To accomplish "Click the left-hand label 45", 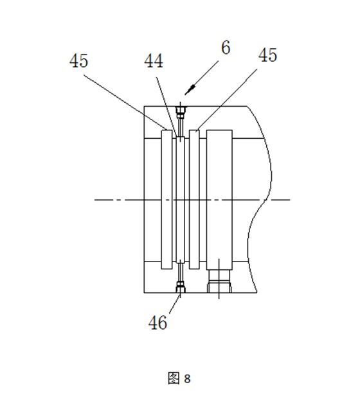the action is tap(78, 61).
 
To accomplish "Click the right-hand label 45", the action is tap(267, 55).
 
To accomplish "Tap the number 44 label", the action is tap(154, 61).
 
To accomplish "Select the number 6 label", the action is tap(226, 48).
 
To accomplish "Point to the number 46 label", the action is tap(157, 322).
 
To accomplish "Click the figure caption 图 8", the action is tap(179, 378).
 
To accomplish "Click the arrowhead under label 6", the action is tap(190, 90).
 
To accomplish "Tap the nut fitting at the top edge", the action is tap(181, 112).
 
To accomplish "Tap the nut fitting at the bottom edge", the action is tap(181, 287).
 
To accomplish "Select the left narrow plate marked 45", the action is tap(166, 199).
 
